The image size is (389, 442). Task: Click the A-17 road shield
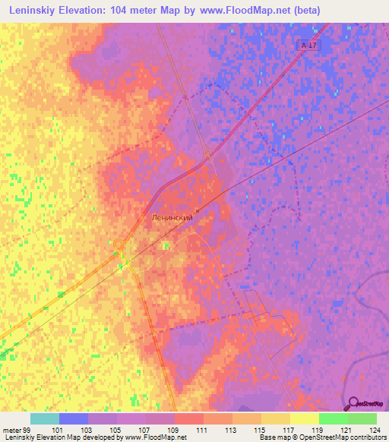[x=307, y=46]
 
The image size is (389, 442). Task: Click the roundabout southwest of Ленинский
[x=120, y=244]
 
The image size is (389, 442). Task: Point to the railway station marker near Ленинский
[x=198, y=210]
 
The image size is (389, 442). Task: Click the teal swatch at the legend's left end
[x=45, y=418]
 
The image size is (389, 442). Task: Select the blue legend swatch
[x=74, y=418]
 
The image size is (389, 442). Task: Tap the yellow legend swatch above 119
[x=305, y=418]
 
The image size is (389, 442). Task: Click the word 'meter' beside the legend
[x=10, y=429]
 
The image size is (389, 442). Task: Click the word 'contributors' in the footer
[x=366, y=437]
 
